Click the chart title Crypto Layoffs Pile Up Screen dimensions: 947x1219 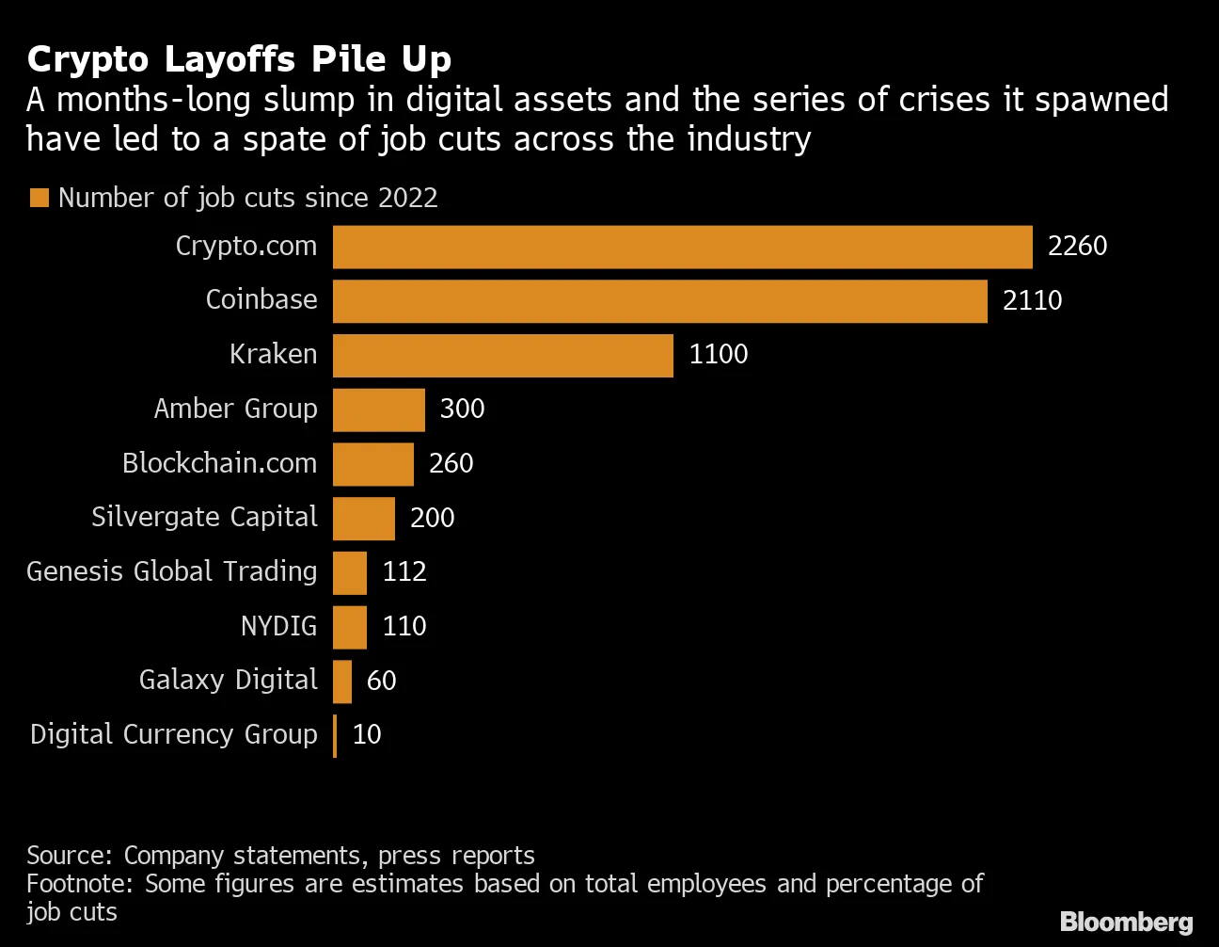[x=239, y=59]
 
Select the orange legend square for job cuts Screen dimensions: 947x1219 [x=39, y=198]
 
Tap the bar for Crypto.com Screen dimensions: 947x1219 [x=682, y=247]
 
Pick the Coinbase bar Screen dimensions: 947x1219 [x=659, y=301]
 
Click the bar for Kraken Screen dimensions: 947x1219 [x=502, y=355]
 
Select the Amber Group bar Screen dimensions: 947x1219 [x=378, y=409]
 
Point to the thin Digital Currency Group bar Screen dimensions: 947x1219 [x=335, y=735]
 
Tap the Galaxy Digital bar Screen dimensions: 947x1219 [x=342, y=681]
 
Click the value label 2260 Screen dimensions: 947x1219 [x=1077, y=247]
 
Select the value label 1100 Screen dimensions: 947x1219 [x=719, y=355]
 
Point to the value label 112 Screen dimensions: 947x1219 [x=404, y=571]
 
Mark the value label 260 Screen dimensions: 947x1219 [x=451, y=463]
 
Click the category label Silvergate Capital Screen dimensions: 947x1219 [x=204, y=518]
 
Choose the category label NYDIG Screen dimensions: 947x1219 [x=278, y=626]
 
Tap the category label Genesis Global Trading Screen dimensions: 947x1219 [x=171, y=571]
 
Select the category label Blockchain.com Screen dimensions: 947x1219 [x=219, y=463]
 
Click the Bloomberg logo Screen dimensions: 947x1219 [x=1126, y=922]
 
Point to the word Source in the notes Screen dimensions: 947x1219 [x=69, y=856]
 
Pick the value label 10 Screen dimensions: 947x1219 [x=367, y=734]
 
